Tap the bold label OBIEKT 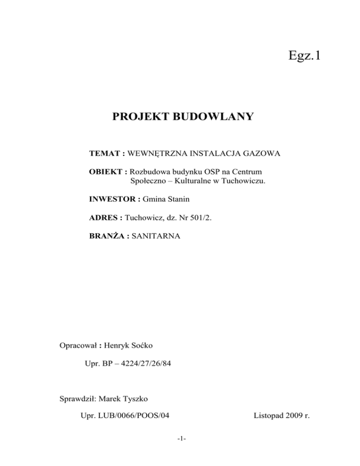point(105,172)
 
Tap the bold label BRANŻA point(107,237)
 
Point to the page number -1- point(181,439)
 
